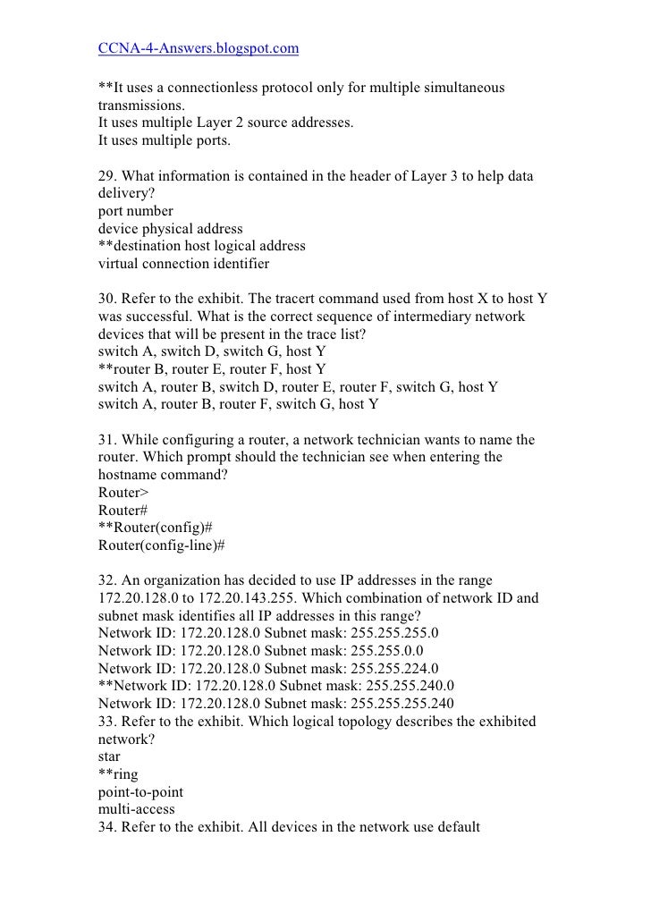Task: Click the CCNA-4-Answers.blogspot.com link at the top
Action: (x=198, y=47)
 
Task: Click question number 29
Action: (x=106, y=177)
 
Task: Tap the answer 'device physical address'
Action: (x=170, y=229)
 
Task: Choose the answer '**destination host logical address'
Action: (x=201, y=246)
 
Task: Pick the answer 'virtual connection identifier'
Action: (x=183, y=263)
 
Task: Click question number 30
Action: (x=106, y=299)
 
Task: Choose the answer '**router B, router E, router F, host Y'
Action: (x=212, y=368)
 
